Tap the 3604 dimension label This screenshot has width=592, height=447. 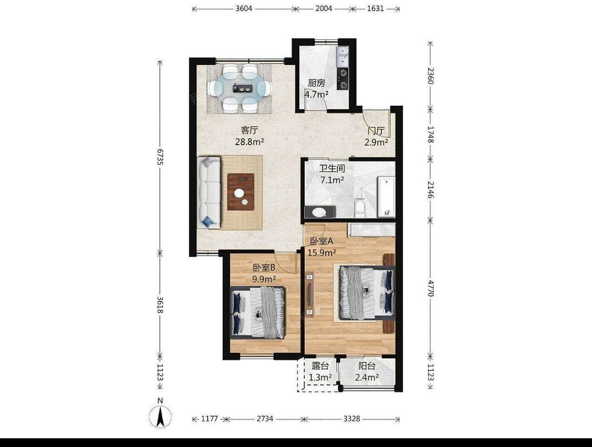(x=244, y=9)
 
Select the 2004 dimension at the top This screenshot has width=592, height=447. (x=324, y=9)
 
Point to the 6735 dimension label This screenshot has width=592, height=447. (x=160, y=157)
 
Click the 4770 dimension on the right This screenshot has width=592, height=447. (x=430, y=288)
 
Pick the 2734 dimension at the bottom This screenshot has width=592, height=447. (x=265, y=419)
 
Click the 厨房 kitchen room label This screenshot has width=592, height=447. (x=317, y=83)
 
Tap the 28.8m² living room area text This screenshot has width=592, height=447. (x=249, y=142)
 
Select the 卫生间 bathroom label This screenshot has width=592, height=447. (x=332, y=168)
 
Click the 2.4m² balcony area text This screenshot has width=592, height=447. (x=367, y=377)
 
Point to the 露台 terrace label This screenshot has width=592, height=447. (x=320, y=366)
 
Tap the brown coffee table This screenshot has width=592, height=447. (x=241, y=192)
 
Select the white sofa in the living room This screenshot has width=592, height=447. (x=209, y=193)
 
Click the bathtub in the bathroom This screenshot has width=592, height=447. (x=386, y=197)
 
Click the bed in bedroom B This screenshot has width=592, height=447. (x=258, y=313)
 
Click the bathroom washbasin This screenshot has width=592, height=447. (x=319, y=213)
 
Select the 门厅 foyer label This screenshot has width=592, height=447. (x=377, y=131)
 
